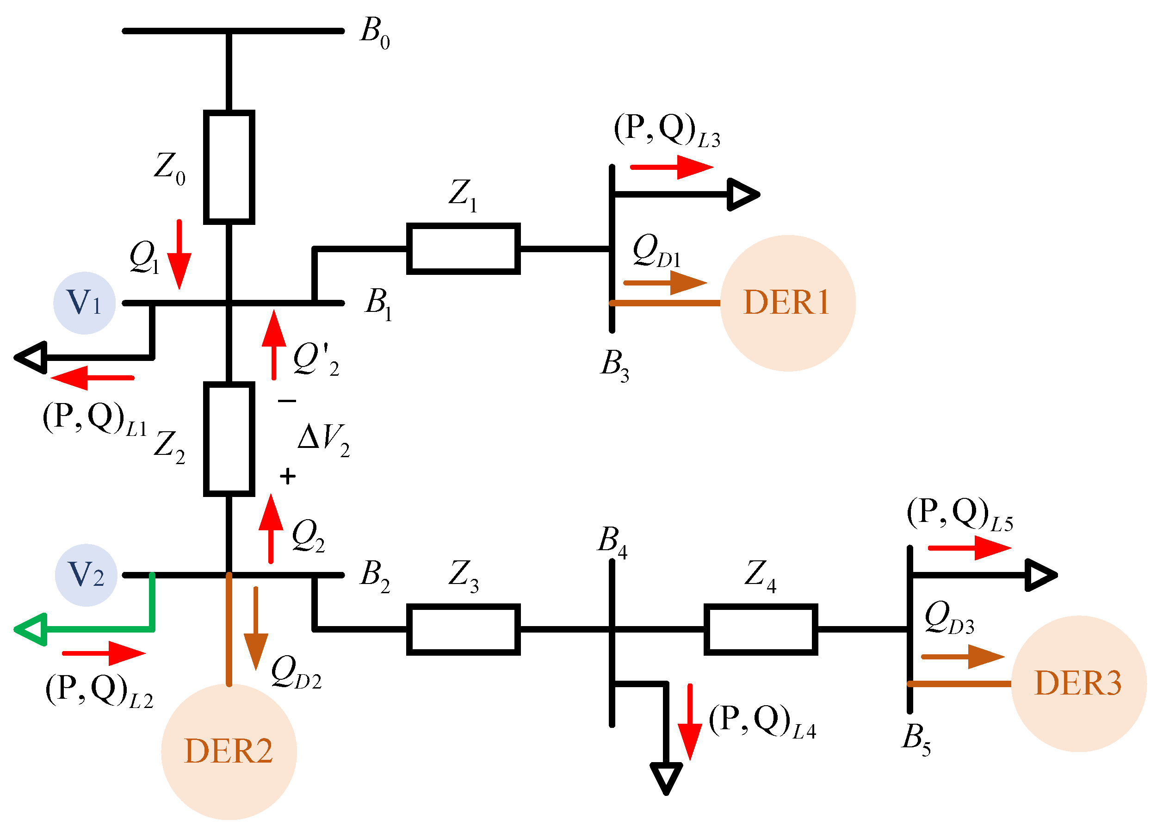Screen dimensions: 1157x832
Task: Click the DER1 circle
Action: (x=788, y=303)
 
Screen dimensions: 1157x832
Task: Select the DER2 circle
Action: (x=229, y=752)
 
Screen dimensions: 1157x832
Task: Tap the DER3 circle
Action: (x=1079, y=684)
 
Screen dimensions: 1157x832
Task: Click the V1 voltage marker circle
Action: (x=85, y=303)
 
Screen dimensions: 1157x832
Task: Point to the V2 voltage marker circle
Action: (x=86, y=575)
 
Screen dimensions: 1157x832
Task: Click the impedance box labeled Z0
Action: (x=229, y=167)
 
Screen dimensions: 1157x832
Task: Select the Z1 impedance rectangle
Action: (x=463, y=248)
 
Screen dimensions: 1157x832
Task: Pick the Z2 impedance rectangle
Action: (x=229, y=439)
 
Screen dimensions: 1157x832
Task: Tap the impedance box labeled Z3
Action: (x=463, y=629)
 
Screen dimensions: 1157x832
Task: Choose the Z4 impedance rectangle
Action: (x=761, y=629)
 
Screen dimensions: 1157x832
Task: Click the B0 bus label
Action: (x=376, y=33)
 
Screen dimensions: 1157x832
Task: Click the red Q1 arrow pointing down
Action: (x=179, y=254)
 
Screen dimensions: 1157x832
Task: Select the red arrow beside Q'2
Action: (x=274, y=345)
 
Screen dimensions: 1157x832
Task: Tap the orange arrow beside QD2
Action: (x=255, y=628)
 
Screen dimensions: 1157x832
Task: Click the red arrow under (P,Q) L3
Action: (x=672, y=167)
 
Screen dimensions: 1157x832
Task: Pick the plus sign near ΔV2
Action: (x=288, y=476)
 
